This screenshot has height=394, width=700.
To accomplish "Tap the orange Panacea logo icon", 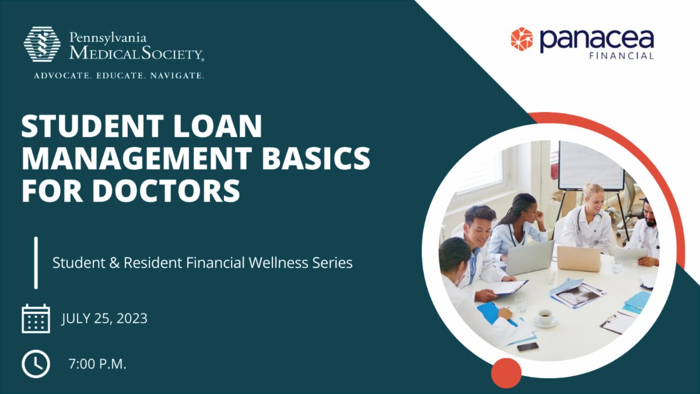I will (x=521, y=39).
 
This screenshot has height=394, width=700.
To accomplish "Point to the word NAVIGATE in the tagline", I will (x=178, y=76).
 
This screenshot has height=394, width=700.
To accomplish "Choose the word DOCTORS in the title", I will (x=170, y=190).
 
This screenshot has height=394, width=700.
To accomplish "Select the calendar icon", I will (x=36, y=319).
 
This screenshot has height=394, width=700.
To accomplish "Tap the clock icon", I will (x=36, y=364).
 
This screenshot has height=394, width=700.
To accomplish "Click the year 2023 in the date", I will (x=131, y=319).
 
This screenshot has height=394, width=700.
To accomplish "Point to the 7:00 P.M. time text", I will (x=97, y=365).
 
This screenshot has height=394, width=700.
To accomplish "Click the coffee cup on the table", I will (x=545, y=316).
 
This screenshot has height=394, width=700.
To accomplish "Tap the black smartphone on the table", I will (x=527, y=346).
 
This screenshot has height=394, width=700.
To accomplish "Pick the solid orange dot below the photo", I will (x=506, y=372).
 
